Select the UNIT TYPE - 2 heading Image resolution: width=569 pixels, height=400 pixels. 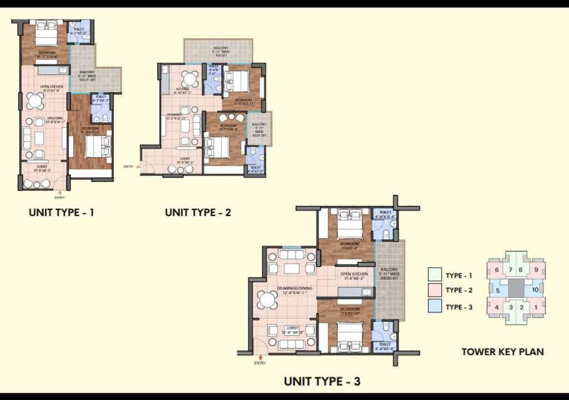pos(198,212)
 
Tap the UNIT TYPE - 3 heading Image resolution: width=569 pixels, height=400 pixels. pos(322,381)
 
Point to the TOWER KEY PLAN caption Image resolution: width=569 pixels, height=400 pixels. pos(502,351)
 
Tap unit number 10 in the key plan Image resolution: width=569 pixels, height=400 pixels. pos(535,290)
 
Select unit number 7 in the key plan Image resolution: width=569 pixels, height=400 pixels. pos(510,270)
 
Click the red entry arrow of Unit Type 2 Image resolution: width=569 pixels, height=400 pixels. pos(139,166)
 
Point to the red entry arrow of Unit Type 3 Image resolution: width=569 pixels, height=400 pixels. pos(259,357)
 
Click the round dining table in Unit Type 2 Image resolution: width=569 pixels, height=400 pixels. pos(191,77)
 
